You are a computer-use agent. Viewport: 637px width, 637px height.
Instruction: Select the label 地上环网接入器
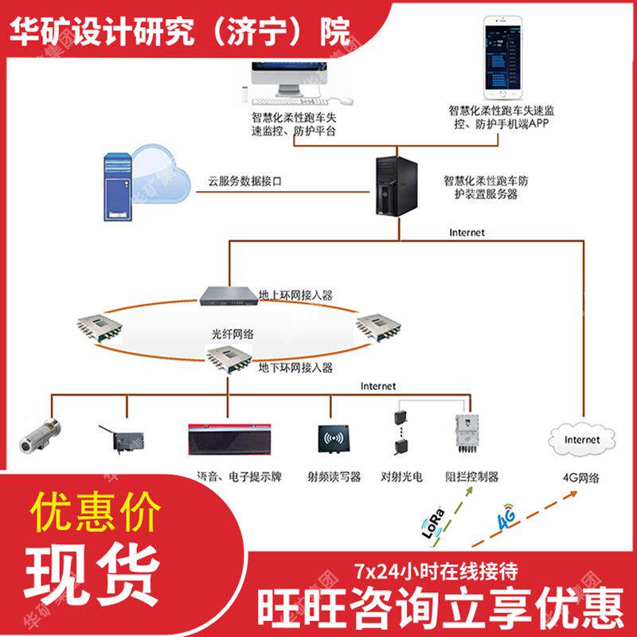296,295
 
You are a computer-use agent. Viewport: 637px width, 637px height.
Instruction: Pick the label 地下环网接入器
295,368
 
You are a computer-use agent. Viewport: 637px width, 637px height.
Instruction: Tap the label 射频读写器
334,477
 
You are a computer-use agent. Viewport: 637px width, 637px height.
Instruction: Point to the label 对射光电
401,477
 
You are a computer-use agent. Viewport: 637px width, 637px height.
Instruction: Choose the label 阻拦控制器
472,477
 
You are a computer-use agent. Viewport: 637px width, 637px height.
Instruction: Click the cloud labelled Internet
581,440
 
